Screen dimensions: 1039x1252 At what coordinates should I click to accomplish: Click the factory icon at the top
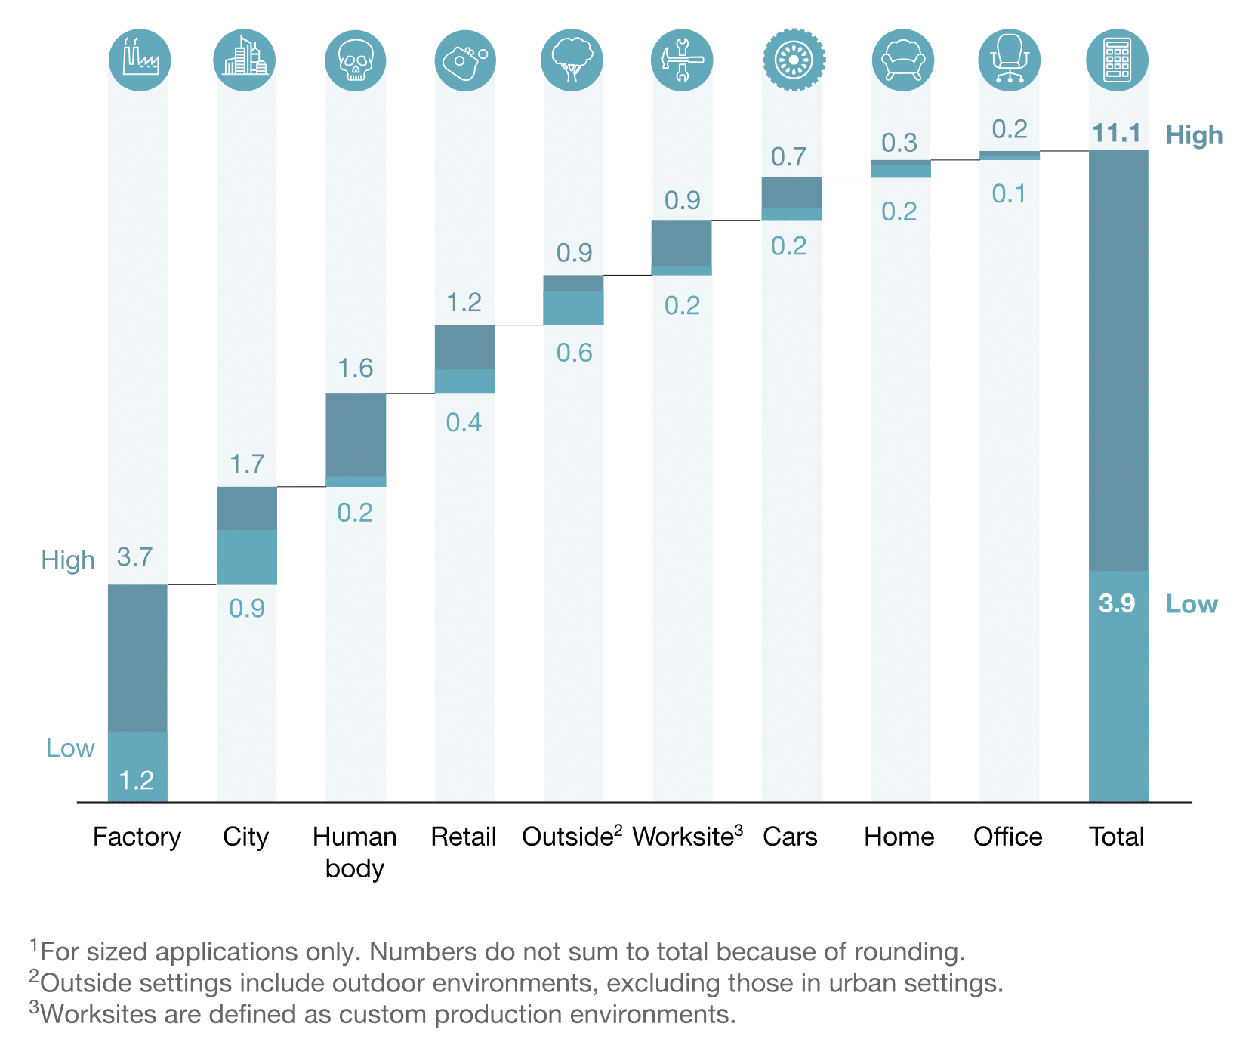pos(140,60)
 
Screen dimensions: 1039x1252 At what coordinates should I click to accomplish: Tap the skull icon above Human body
pos(355,60)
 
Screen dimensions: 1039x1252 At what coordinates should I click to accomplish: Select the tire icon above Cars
pos(793,60)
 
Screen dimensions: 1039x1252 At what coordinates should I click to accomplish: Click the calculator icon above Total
pos(1117,60)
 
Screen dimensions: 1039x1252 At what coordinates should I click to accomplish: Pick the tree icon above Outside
pos(572,60)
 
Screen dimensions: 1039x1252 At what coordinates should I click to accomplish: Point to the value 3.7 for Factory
pos(134,557)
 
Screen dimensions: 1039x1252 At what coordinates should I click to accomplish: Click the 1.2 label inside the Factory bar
pos(137,780)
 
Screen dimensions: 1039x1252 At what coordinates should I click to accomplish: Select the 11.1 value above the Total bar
pos(1116,134)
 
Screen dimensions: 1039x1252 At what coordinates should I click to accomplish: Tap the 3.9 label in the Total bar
pos(1116,603)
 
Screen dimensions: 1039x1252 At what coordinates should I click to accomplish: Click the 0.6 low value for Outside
pos(574,353)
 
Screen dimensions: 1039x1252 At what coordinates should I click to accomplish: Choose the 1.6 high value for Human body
pos(355,368)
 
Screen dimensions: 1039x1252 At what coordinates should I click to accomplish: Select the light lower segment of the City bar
pos(247,556)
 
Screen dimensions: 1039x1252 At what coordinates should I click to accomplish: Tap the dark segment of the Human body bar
pos(356,434)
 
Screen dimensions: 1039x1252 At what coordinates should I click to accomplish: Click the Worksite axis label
pos(683,837)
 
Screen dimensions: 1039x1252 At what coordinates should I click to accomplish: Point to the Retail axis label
pos(463,837)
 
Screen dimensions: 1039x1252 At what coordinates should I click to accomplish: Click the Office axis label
pos(1007,837)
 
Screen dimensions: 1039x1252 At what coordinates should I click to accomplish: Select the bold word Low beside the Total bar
pos(1192,604)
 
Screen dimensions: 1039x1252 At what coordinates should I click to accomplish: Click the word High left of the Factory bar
pos(68,560)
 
